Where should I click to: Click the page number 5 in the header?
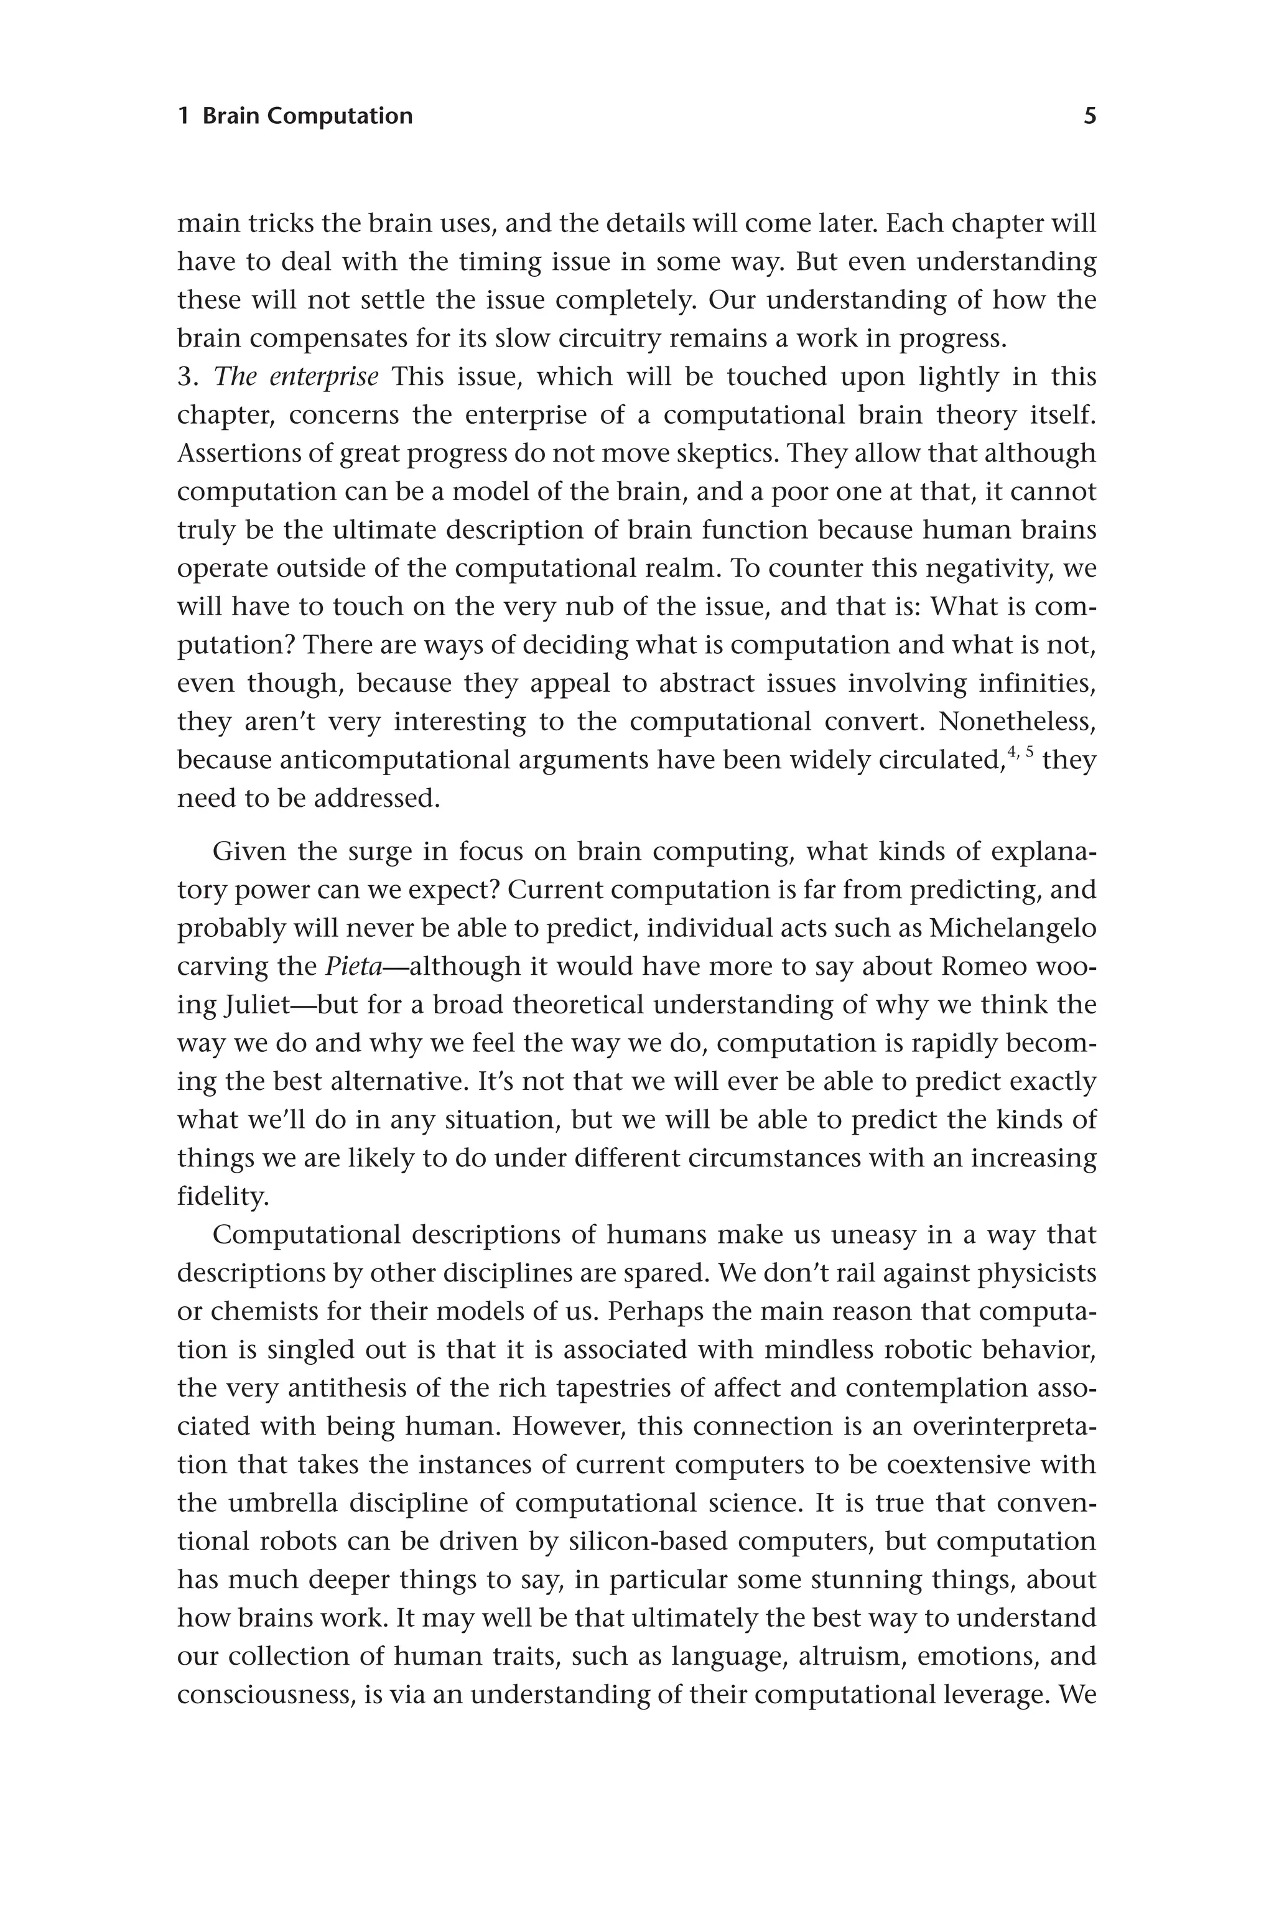(x=1090, y=116)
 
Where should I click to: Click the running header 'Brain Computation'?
(x=307, y=116)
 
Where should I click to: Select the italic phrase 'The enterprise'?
(x=295, y=377)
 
